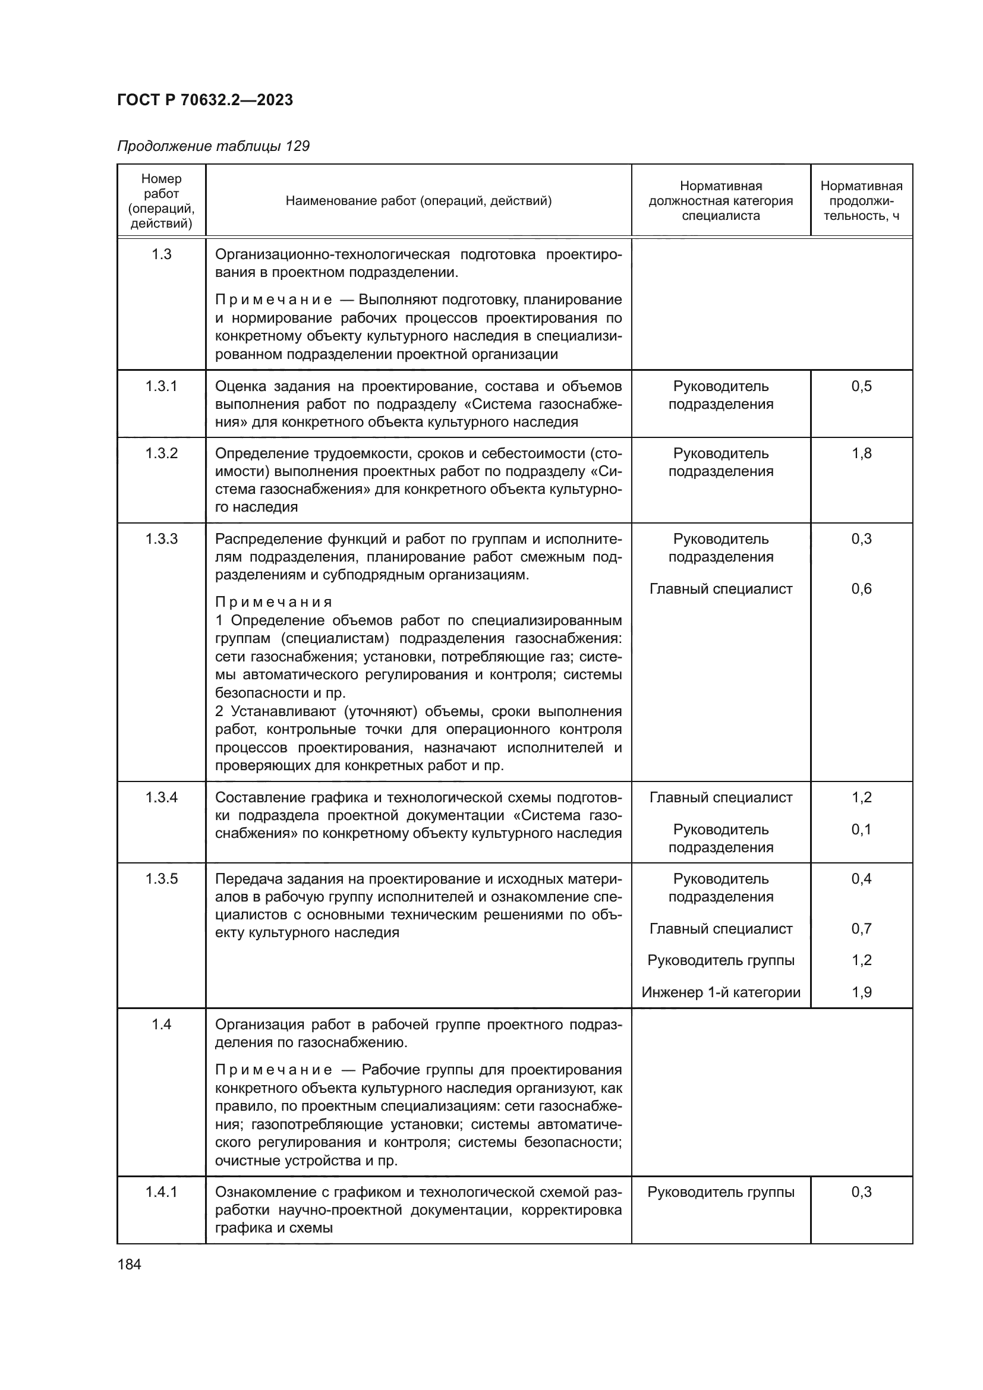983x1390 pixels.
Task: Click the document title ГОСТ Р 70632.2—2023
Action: point(204,100)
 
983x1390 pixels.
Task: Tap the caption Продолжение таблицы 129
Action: point(213,146)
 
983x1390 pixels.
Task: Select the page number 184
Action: point(129,1264)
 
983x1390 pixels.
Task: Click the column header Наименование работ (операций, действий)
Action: point(418,200)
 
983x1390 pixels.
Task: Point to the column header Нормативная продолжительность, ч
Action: point(861,200)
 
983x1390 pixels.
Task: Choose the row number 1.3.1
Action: point(162,386)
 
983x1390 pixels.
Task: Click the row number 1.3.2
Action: point(162,453)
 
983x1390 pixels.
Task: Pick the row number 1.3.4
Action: point(162,798)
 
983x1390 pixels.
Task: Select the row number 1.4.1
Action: point(162,1192)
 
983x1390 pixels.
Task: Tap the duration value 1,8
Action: point(861,453)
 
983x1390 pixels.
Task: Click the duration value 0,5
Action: point(861,386)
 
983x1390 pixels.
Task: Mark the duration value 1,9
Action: point(861,992)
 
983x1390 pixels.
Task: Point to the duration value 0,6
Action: point(861,588)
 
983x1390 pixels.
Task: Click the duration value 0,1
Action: point(861,830)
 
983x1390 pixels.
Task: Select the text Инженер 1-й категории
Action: point(720,992)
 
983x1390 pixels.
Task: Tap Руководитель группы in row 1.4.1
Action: point(720,1192)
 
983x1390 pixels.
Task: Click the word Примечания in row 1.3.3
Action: point(273,603)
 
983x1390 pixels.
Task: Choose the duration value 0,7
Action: point(861,929)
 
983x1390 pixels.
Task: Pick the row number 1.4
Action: point(162,1025)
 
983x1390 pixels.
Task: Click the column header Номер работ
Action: point(162,200)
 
